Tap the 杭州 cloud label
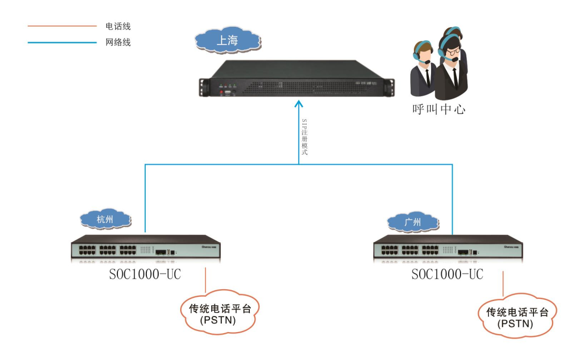(x=106, y=219)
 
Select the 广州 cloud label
(x=412, y=221)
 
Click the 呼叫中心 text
(x=439, y=109)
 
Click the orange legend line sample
(x=62, y=26)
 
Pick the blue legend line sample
(x=62, y=42)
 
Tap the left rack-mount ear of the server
(x=204, y=88)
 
